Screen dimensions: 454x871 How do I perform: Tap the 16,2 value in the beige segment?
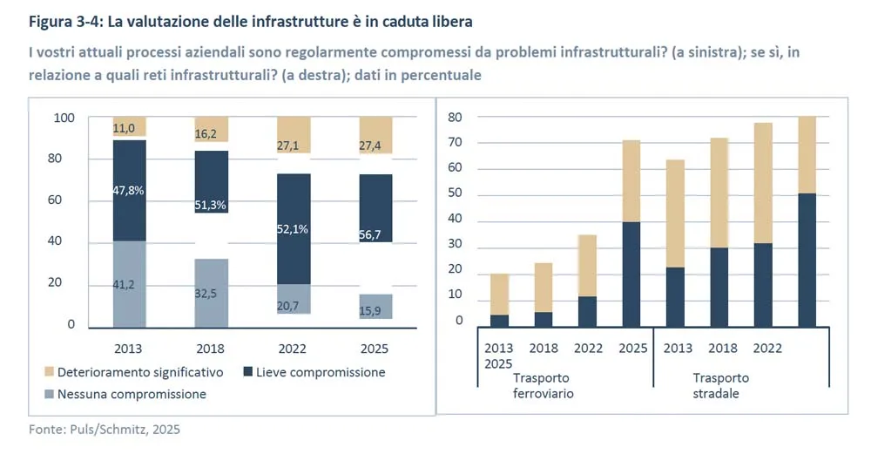pyautogui.click(x=206, y=135)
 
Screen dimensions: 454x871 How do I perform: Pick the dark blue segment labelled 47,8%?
pyautogui.click(x=128, y=190)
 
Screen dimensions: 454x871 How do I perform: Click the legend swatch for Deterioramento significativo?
pyautogui.click(x=49, y=372)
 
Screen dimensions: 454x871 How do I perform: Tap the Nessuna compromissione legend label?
pyautogui.click(x=132, y=394)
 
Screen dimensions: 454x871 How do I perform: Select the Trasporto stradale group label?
pyautogui.click(x=720, y=385)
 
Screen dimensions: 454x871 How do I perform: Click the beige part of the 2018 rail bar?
pyautogui.click(x=544, y=288)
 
